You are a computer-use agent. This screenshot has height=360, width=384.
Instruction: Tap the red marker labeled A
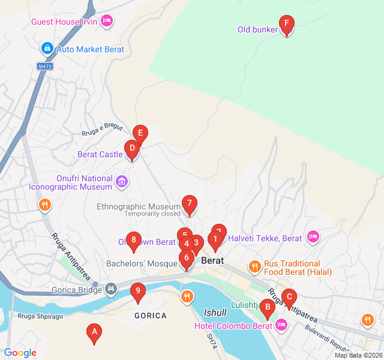coord(94,333)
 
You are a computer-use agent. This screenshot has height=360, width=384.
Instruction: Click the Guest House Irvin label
coord(64,22)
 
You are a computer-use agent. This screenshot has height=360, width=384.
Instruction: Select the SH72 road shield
coord(45,66)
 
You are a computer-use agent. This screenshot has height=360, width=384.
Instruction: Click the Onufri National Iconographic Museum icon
coord(122,181)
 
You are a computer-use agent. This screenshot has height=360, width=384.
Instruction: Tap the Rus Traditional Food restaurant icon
coord(255,266)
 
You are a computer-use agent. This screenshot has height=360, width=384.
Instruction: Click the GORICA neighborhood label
coord(151,316)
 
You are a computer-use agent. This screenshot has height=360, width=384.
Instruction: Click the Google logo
coord(20,353)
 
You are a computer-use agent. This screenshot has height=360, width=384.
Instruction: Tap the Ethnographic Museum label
coord(139,206)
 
